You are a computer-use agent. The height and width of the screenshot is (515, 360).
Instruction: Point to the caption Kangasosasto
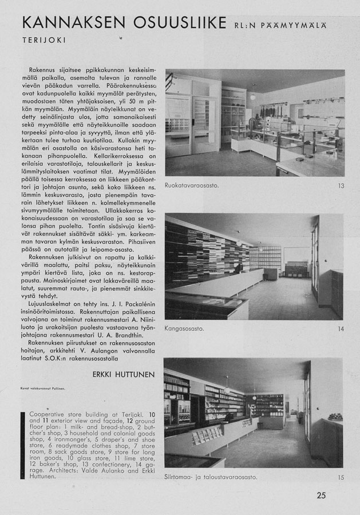coord(185,329)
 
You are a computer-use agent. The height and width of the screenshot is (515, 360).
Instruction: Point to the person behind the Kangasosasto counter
coord(236,267)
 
